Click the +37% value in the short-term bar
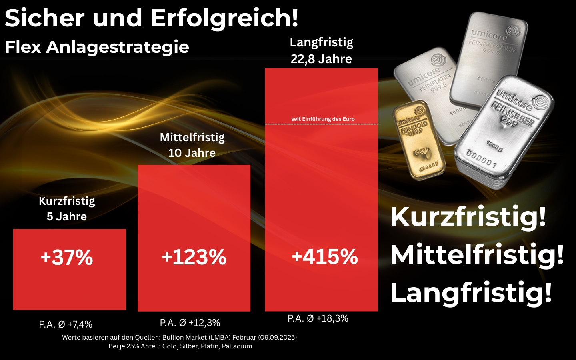click(67, 257)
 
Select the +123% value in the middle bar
click(194, 257)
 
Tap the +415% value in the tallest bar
click(324, 256)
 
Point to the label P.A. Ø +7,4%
click(66, 324)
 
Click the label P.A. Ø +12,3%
click(190, 322)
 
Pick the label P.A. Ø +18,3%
click(318, 318)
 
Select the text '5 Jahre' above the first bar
click(67, 216)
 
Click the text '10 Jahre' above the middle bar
click(192, 153)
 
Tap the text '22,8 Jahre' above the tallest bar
click(321, 59)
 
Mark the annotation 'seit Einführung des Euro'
click(323, 119)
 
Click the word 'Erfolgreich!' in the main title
click(224, 18)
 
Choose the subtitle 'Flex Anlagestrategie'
click(97, 47)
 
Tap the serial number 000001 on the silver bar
click(482, 159)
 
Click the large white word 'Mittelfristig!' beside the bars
click(477, 254)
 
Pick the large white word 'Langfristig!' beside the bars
click(471, 292)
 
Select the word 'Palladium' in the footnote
click(237, 346)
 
